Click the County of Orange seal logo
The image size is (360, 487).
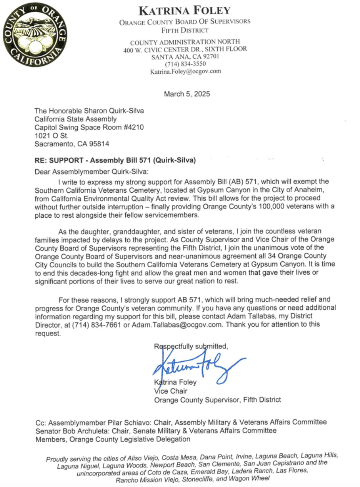pyautogui.click(x=34, y=35)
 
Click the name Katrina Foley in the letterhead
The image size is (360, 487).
pyautogui.click(x=185, y=11)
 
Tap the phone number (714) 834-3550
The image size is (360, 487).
pyautogui.click(x=185, y=64)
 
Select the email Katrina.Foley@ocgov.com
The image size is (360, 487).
pyautogui.click(x=185, y=71)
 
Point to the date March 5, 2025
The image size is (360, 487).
pyautogui.click(x=187, y=94)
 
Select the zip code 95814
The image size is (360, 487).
pyautogui.click(x=100, y=144)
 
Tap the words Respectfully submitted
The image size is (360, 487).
pyautogui.click(x=191, y=346)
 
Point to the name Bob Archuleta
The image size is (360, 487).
pyautogui.click(x=81, y=431)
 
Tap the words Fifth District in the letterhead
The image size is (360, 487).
pyautogui.click(x=185, y=30)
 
